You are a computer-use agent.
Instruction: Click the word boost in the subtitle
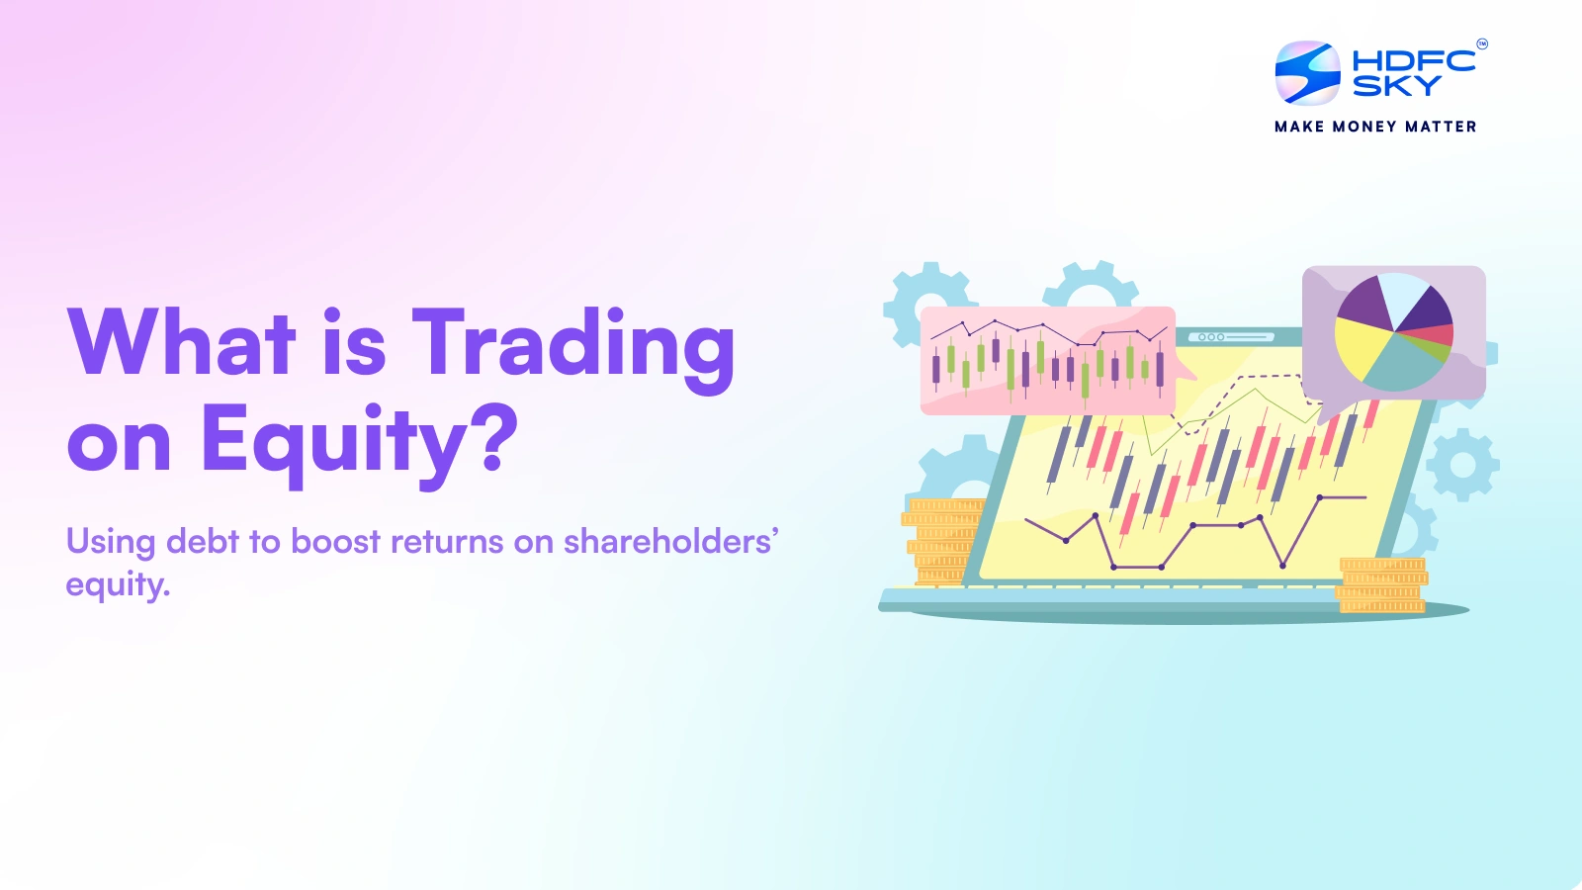[x=335, y=542]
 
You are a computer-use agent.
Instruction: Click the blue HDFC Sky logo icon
[x=1307, y=72]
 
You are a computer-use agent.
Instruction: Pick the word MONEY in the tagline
[x=1363, y=127]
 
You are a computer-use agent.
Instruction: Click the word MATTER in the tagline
[x=1441, y=127]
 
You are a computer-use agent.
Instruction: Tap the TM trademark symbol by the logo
[x=1481, y=44]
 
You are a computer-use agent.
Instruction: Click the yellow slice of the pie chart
[x=1361, y=346]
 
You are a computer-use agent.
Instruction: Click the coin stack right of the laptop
[x=1382, y=584]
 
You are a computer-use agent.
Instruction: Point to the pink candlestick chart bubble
[x=1048, y=360]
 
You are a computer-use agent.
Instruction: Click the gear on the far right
[x=1462, y=464]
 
